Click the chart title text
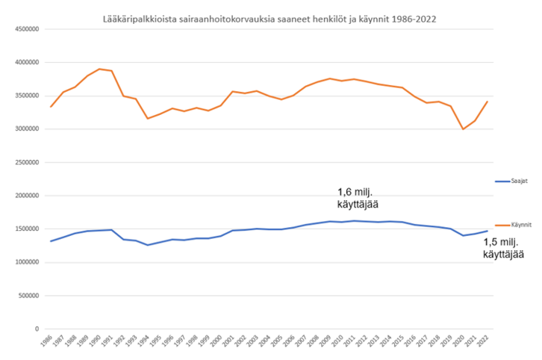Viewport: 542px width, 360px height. click(x=270, y=18)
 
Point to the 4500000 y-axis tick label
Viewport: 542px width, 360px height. click(x=26, y=29)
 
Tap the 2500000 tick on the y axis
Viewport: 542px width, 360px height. click(x=26, y=162)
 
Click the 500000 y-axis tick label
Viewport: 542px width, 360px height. click(x=28, y=295)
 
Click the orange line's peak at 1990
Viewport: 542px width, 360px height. click(x=99, y=69)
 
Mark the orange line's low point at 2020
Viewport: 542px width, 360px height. click(x=463, y=129)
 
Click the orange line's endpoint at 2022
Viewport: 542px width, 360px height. click(x=488, y=102)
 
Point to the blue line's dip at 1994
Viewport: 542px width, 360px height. click(x=148, y=245)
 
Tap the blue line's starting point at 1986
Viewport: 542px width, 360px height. click(x=51, y=241)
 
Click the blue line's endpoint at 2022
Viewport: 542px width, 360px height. click(x=488, y=231)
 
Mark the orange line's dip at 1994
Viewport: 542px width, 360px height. click(x=148, y=118)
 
